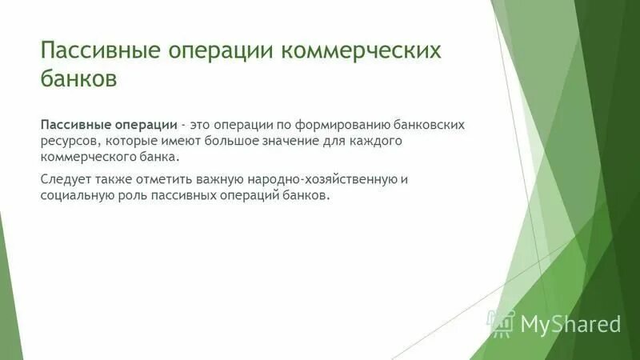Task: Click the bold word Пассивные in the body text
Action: [x=73, y=126]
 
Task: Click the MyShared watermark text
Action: [x=570, y=323]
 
